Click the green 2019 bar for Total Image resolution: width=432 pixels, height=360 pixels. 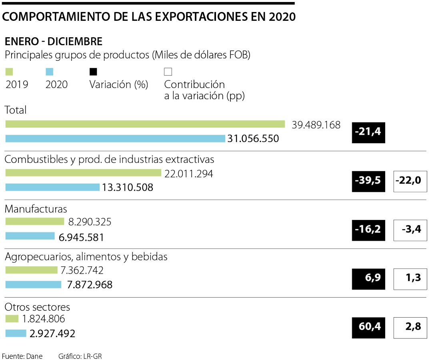point(145,124)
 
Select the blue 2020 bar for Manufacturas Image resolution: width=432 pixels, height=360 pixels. point(30,236)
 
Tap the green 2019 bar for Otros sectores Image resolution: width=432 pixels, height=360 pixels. point(12,319)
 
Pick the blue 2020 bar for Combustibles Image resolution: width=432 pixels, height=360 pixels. point(52,187)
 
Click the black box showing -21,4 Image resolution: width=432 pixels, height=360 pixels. point(368,132)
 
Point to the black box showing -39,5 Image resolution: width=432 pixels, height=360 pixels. point(368,181)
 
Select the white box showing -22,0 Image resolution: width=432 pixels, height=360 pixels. point(410,181)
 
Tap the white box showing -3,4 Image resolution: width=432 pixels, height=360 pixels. point(410,230)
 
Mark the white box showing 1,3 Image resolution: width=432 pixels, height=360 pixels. point(410,279)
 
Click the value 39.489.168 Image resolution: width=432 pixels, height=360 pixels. point(316,125)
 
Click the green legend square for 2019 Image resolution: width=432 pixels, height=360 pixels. point(9,72)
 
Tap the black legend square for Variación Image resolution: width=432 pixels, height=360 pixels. point(93,72)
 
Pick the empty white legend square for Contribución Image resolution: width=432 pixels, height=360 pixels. point(168,72)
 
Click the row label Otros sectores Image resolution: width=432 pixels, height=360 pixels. point(37,307)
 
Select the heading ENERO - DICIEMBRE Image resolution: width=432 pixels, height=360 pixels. point(53,42)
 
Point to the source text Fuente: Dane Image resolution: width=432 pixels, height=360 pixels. point(22,356)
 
